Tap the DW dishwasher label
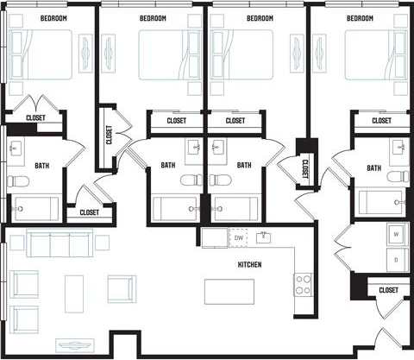click(x=238, y=237)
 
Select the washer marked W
click(x=396, y=234)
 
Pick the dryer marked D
click(x=396, y=258)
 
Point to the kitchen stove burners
click(x=304, y=284)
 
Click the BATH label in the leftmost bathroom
click(x=41, y=164)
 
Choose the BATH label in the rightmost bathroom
click(x=373, y=167)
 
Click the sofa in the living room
click(x=59, y=243)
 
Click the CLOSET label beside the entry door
click(x=387, y=292)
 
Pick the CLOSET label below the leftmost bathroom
click(x=89, y=212)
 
